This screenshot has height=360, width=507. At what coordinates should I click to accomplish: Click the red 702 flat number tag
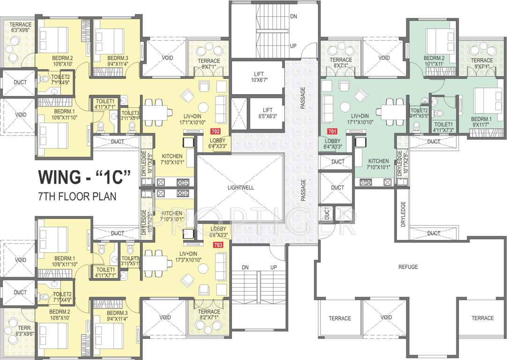point(216,132)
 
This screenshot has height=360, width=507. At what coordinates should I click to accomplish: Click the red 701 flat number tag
point(332,132)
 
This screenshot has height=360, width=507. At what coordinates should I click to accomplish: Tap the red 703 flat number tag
point(217,245)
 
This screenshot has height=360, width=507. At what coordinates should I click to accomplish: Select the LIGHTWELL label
point(240,187)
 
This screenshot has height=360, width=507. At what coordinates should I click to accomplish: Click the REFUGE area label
point(408,267)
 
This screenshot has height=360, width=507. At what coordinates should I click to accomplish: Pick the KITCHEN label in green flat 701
point(378,163)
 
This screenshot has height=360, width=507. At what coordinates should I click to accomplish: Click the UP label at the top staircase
point(293,46)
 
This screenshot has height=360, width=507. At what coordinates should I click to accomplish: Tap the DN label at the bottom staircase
point(245,267)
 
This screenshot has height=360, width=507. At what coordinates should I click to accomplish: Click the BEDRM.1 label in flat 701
point(481,121)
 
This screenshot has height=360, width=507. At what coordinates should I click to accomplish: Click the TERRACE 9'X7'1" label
point(482,63)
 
